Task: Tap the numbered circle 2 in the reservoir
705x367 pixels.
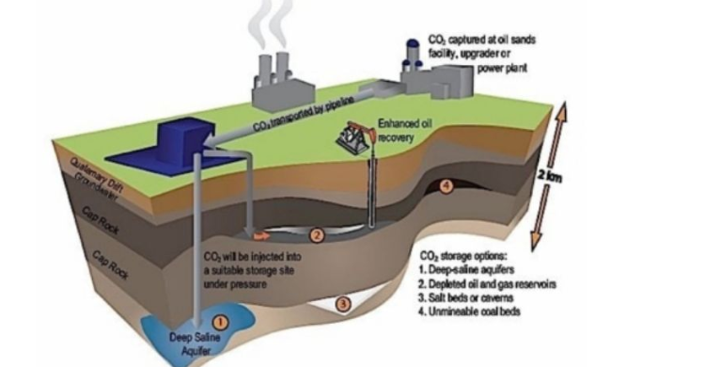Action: click(318, 235)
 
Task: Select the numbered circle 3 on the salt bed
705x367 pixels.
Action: click(344, 304)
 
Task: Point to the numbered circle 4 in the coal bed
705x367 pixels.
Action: click(446, 186)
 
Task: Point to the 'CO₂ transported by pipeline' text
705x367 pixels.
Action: click(301, 117)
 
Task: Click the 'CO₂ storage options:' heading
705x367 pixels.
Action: click(467, 256)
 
